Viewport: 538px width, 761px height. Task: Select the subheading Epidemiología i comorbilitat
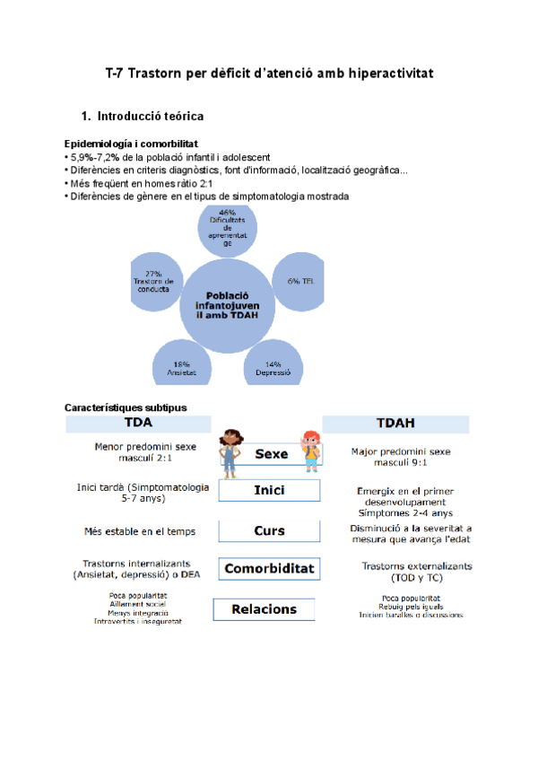point(131,144)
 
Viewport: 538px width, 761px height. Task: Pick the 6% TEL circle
point(298,280)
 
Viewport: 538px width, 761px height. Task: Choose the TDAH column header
point(397,423)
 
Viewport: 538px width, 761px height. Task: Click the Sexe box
point(272,454)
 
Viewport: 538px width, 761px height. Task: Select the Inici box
point(269,491)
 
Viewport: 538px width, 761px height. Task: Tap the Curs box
point(269,530)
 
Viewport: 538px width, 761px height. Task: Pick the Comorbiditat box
point(269,568)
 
